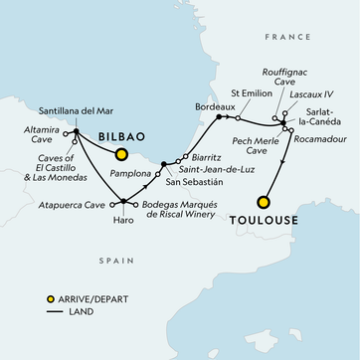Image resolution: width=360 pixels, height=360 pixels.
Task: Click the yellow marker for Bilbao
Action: [x=122, y=154]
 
